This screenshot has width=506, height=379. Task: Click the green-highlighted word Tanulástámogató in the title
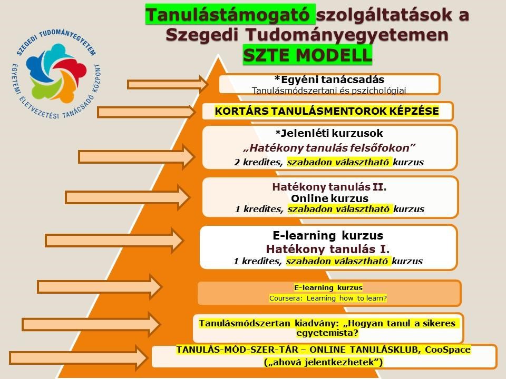coord(228,15)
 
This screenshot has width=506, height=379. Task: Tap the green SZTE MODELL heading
coord(307,55)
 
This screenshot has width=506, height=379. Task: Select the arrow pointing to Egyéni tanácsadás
coord(168,84)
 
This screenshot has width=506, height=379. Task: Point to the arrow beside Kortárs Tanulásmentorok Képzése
coord(147,112)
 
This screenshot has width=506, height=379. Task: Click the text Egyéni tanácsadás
coord(329,80)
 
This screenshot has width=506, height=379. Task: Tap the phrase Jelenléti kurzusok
coord(329,133)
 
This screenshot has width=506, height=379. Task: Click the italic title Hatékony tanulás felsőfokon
coord(329,147)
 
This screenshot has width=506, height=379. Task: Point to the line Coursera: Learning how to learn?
coord(328,298)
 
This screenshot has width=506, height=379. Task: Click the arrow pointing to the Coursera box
coord(100,286)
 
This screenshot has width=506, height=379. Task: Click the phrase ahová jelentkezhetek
coord(323,362)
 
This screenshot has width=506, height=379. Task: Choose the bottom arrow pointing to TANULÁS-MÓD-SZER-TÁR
coord(79,357)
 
